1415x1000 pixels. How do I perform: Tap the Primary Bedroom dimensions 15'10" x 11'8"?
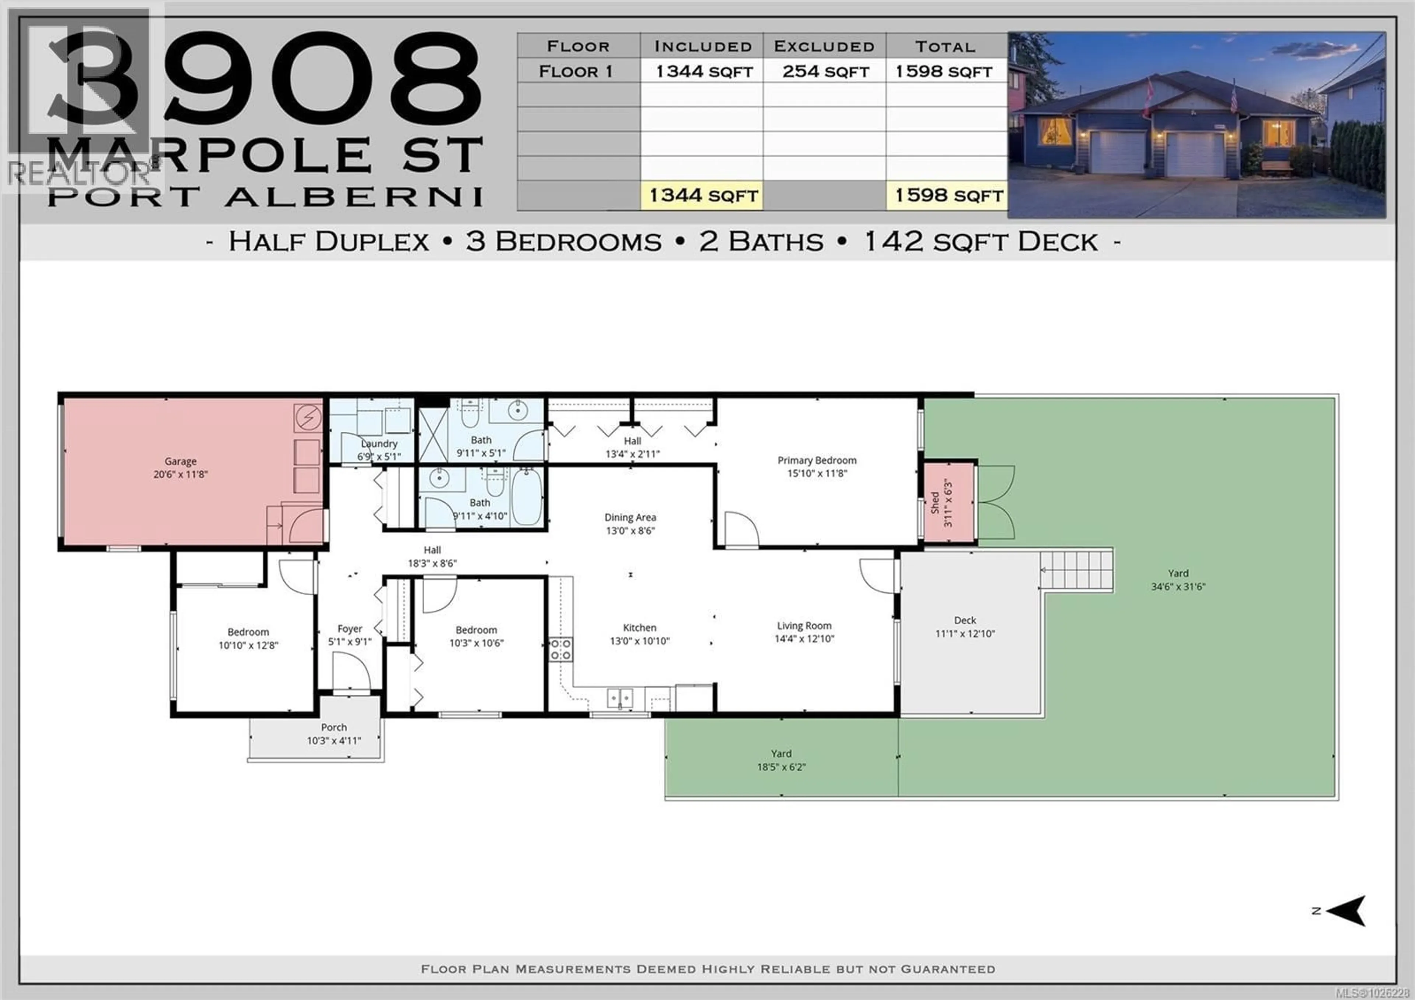pyautogui.click(x=817, y=473)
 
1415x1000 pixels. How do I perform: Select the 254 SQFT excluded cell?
pyautogui.click(x=825, y=72)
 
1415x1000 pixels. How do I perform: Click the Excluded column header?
pyautogui.click(x=824, y=46)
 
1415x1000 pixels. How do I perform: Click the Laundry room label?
pyautogui.click(x=379, y=443)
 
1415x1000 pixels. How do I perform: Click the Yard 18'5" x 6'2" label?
pyautogui.click(x=781, y=760)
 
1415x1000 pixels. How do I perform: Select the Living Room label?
pyautogui.click(x=804, y=626)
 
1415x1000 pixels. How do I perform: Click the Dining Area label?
pyautogui.click(x=630, y=517)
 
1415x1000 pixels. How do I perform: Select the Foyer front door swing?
pyautogui.click(x=350, y=672)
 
